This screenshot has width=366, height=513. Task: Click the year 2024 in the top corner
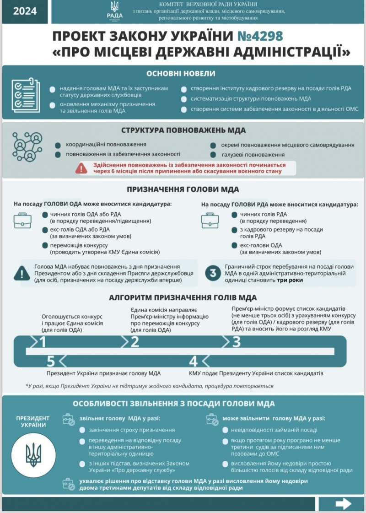[x=25, y=11]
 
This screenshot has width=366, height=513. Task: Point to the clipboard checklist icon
[x=26, y=95]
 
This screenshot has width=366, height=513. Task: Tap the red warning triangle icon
[x=82, y=168]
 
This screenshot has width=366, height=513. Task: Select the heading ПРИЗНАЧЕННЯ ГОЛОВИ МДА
[x=183, y=189]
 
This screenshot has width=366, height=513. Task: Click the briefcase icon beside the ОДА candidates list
[x=22, y=221]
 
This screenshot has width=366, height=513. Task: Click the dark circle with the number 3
[x=213, y=273]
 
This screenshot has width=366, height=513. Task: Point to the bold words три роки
[x=290, y=280]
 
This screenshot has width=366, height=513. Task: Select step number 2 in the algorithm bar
[x=135, y=342]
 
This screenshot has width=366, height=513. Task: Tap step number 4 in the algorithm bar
[x=193, y=362]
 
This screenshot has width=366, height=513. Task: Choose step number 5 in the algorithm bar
[x=51, y=362]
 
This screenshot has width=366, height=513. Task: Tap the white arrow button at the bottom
[x=343, y=504]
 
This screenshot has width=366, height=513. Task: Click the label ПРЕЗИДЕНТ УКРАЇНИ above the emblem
[x=33, y=421]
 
